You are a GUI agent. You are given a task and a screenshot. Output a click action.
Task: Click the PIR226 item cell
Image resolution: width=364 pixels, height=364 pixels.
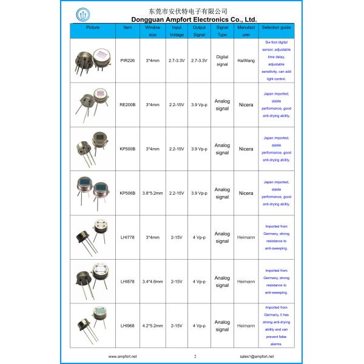127,61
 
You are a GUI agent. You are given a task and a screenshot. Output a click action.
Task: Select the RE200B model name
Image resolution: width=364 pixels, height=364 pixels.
127,104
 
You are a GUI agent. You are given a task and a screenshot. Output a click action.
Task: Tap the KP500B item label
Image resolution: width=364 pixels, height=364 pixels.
127,149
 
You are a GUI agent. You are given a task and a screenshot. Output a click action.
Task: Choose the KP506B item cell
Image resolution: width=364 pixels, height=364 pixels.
127,193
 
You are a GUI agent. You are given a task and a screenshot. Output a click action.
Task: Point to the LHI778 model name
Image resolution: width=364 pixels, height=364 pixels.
127,237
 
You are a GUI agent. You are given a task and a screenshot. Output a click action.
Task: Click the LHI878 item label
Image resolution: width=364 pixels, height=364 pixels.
127,281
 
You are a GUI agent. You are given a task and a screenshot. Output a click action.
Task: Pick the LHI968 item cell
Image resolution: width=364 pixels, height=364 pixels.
127,326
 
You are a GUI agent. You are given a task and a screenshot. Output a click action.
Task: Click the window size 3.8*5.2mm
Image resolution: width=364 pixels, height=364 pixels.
153,193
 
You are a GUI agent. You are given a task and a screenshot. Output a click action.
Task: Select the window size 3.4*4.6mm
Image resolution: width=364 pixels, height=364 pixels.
153,281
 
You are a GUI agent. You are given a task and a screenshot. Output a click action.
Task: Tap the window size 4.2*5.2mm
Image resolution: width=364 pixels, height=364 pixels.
153,326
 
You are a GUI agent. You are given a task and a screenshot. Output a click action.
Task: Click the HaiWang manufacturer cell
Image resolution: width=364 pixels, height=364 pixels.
246,61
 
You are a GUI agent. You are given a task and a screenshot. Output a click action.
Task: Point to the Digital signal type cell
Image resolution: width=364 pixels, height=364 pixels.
222,61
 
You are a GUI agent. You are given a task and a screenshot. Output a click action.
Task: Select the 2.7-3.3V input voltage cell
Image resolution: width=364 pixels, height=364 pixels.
177,61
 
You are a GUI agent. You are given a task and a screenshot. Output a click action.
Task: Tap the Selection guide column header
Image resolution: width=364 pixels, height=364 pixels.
276,28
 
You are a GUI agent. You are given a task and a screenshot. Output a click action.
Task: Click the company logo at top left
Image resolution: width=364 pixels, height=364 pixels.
83,15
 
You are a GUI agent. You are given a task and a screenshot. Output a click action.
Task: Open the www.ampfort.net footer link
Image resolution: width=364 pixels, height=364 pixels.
123,356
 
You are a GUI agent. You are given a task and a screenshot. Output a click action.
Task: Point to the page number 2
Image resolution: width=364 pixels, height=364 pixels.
195,356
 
